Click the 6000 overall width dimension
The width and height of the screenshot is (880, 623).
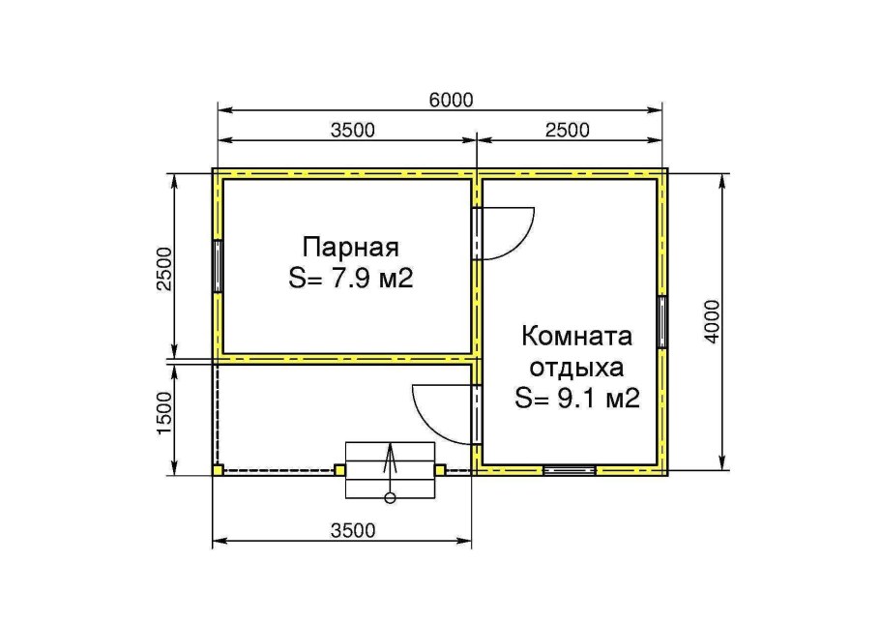tap(452, 100)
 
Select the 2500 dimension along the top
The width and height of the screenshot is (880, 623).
tap(568, 131)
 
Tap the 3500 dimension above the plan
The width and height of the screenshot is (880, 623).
tap(352, 131)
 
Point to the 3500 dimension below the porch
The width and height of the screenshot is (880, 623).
tap(352, 530)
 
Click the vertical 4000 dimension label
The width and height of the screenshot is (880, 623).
tap(712, 321)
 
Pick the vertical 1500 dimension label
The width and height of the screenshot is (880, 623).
tap(165, 413)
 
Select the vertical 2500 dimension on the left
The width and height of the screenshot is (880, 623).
tap(165, 269)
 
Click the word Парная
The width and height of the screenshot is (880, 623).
tap(351, 247)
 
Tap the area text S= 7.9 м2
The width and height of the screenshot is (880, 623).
tap(351, 278)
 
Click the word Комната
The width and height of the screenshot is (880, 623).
tap(577, 337)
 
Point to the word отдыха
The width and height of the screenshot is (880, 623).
tap(577, 369)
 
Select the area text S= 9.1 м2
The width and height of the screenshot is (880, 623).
tap(577, 399)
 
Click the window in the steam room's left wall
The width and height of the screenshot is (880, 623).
tap(218, 266)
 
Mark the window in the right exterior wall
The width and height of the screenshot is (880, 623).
tap(662, 321)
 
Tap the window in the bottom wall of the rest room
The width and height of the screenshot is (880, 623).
tap(570, 470)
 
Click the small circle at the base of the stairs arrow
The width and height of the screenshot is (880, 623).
tap(390, 498)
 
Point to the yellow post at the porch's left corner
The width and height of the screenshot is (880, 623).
tap(218, 470)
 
